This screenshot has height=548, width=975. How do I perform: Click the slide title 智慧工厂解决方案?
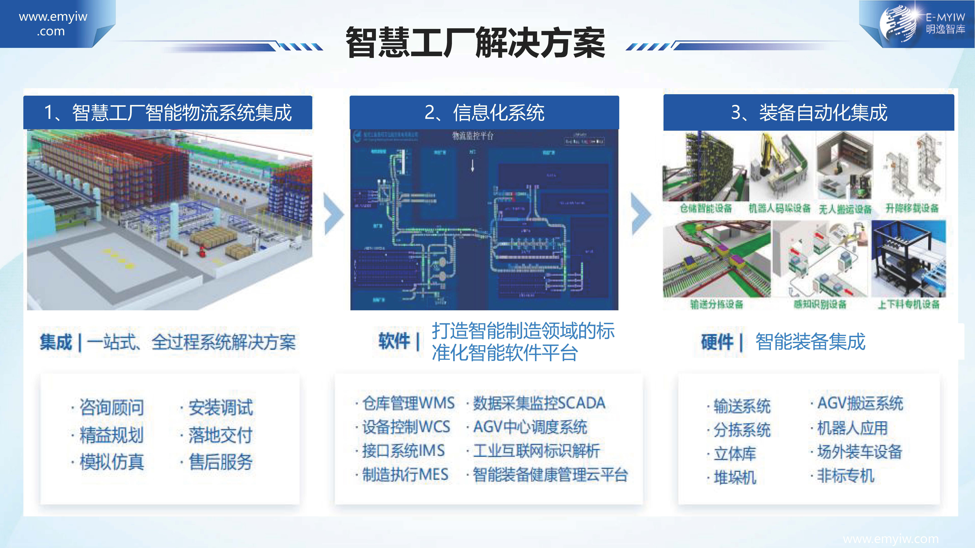coord(475,43)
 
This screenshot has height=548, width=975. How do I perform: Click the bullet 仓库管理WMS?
coord(408,403)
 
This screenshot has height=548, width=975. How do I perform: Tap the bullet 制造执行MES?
coord(405,475)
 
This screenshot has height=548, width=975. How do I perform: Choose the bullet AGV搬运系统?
coord(860,403)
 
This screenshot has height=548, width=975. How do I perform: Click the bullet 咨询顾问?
coord(112,407)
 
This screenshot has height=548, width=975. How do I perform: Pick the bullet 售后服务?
coord(220,462)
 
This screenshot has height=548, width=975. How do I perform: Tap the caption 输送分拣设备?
coord(717,304)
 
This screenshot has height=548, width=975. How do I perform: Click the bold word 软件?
coord(394,341)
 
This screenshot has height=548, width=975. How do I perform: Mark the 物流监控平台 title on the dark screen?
coord(473,136)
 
